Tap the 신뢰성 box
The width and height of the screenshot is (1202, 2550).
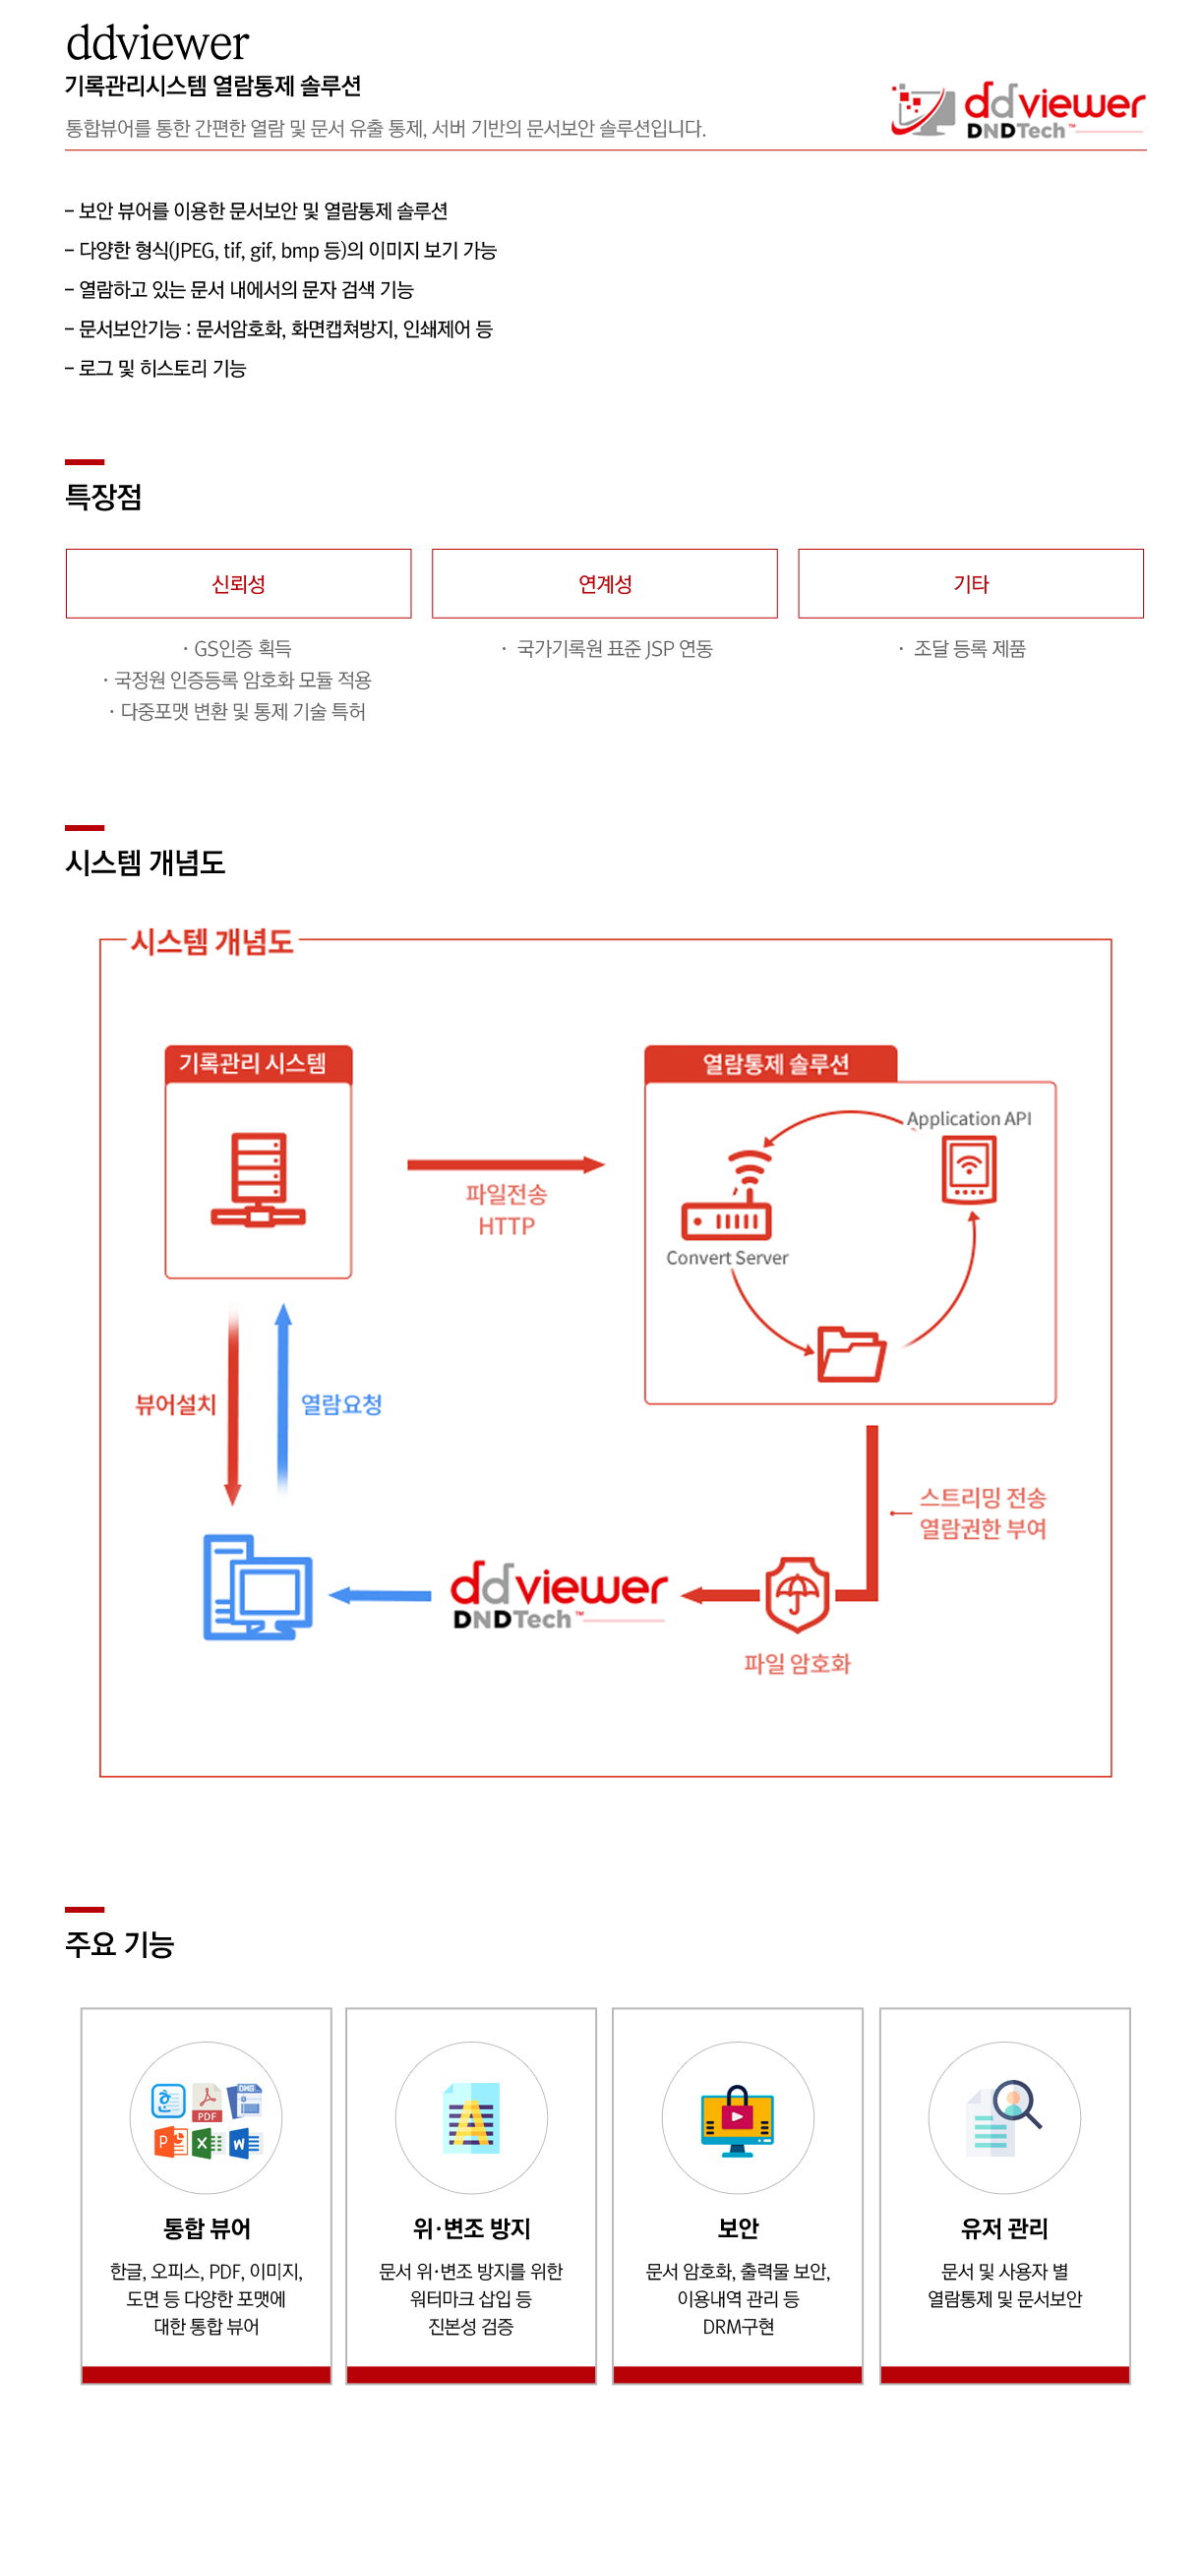click(238, 583)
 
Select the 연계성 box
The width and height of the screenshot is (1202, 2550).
click(604, 583)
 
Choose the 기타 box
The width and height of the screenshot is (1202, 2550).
click(969, 583)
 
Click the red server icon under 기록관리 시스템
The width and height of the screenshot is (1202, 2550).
click(258, 1179)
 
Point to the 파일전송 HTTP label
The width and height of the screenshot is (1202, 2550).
click(506, 1210)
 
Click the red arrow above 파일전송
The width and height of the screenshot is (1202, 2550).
click(505, 1164)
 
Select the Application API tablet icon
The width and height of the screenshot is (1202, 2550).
click(968, 1169)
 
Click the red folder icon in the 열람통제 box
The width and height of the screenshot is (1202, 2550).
click(851, 1353)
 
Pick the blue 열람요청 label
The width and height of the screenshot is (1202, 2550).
click(340, 1403)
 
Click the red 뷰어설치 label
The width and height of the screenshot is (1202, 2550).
click(175, 1403)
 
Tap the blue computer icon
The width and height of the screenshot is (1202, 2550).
click(258, 1587)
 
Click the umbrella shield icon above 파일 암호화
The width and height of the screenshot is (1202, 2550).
click(797, 1594)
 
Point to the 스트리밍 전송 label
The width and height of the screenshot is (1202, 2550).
click(983, 1498)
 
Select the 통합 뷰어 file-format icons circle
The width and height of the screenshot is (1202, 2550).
click(206, 2117)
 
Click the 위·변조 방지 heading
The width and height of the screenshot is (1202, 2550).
click(471, 2228)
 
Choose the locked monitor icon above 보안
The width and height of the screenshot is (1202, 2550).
click(737, 2119)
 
